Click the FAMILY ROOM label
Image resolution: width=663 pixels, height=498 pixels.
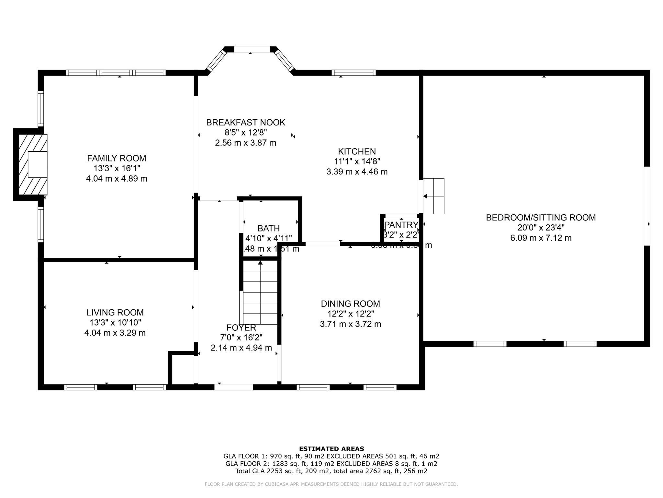point(117,158)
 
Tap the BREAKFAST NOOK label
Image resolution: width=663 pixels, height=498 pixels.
point(245,123)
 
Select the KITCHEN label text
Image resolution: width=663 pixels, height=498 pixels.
point(357,151)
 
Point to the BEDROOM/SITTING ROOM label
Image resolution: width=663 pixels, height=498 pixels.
point(541,218)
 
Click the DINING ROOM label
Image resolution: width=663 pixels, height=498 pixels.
point(350,304)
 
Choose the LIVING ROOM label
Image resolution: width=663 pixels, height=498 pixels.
point(115,313)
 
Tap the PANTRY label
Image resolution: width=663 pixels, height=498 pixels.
point(401,225)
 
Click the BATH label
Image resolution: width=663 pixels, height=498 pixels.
point(268,229)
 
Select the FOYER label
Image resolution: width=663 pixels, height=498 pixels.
point(241,327)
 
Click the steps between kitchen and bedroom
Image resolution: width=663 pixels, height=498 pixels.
point(434,196)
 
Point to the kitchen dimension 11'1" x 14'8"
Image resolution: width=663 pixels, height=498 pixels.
point(357,161)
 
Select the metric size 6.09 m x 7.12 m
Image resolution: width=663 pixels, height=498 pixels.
point(541,238)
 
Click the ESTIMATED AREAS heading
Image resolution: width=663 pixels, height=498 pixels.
point(331,449)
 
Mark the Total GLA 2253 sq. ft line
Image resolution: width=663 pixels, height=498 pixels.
point(331,471)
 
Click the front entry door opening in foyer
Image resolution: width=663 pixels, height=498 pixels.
point(234,387)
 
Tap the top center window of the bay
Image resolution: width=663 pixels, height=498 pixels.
point(252,49)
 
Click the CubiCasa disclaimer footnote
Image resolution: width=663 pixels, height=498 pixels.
point(331,484)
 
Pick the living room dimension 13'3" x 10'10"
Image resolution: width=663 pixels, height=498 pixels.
point(115,323)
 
